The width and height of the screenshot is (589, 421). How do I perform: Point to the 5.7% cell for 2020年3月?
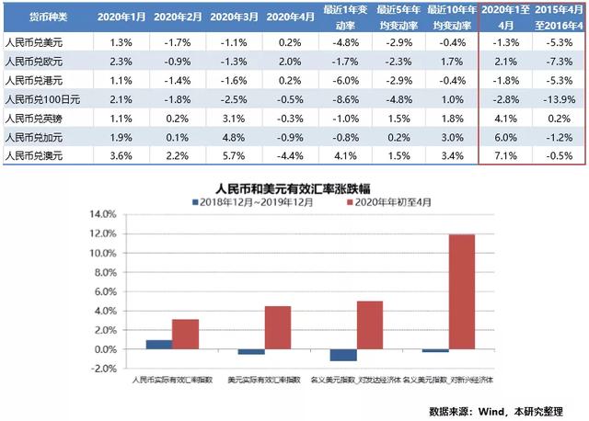[x=234, y=155]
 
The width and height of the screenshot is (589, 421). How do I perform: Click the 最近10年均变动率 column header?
[x=449, y=17]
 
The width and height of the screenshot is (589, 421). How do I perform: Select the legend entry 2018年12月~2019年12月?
[x=246, y=200]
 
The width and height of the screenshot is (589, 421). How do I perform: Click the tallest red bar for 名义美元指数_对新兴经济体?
[x=461, y=291]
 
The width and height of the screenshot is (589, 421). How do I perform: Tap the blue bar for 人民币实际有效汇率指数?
[x=158, y=345]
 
